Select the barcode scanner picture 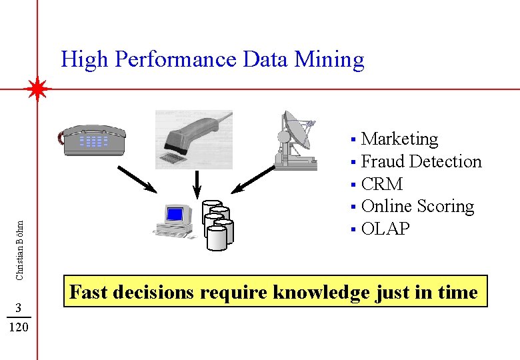194,139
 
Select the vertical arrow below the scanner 197,184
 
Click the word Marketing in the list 399,139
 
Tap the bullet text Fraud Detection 421,161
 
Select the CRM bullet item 381,184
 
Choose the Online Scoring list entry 417,206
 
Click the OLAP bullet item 385,229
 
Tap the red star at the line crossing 37,89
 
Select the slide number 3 20,307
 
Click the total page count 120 20,327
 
